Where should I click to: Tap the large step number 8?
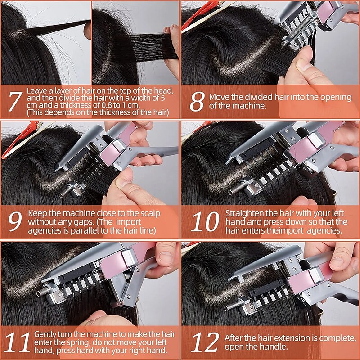click(x=197, y=101)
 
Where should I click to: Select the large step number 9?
click(x=15, y=221)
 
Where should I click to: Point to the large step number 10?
click(x=205, y=221)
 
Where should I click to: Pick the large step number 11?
click(x=18, y=342)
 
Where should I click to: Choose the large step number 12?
click(x=205, y=342)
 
